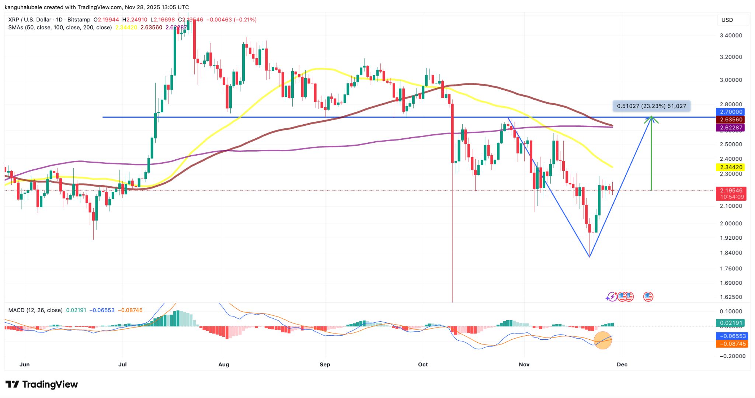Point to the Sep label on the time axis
point(325,364)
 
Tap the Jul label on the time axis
point(122,364)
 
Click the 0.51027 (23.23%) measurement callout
point(651,106)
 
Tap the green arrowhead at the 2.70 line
point(651,119)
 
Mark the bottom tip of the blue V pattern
point(589,257)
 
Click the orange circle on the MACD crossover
point(603,340)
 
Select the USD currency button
point(727,20)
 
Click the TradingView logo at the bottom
point(42,384)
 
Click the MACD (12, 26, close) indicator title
point(35,310)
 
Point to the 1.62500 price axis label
point(731,297)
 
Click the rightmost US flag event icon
point(648,297)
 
